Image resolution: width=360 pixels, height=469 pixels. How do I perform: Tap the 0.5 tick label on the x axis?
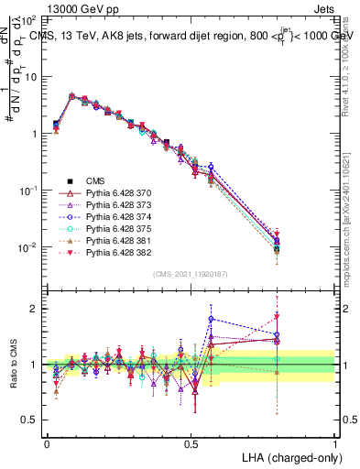[191, 442]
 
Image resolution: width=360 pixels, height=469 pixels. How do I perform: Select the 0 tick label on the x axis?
[47, 442]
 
